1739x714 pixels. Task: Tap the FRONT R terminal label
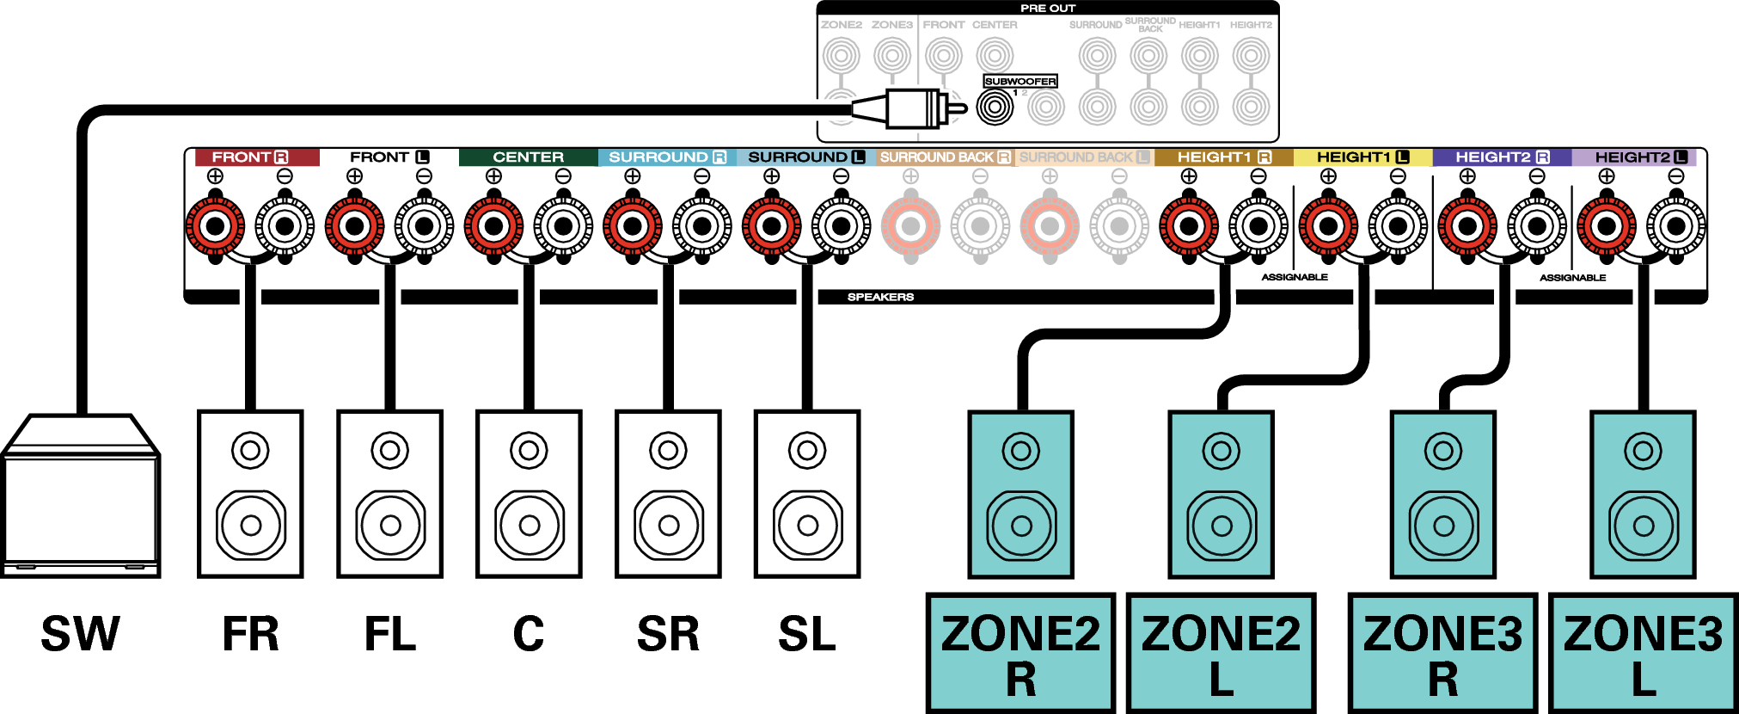pyautogui.click(x=249, y=157)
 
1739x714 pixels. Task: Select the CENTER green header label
pyautogui.click(x=528, y=157)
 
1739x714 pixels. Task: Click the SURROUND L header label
pyautogui.click(x=805, y=157)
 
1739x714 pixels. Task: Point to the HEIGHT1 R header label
pyautogui.click(x=1223, y=157)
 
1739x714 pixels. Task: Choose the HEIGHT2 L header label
pyautogui.click(x=1640, y=157)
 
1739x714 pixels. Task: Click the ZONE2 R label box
pyautogui.click(x=1020, y=653)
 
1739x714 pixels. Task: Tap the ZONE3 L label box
pyautogui.click(x=1643, y=653)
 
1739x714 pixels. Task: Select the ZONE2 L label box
pyautogui.click(x=1221, y=653)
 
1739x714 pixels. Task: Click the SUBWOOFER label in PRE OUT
pyautogui.click(x=1020, y=81)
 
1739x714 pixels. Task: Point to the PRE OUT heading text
pyautogui.click(x=1047, y=8)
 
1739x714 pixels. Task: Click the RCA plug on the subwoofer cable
pyautogui.click(x=911, y=108)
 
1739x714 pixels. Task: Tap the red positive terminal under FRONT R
pyautogui.click(x=215, y=226)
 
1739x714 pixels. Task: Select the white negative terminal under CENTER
pyautogui.click(x=563, y=226)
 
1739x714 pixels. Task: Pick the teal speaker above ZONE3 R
pyautogui.click(x=1443, y=494)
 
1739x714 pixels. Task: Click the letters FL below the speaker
pyautogui.click(x=389, y=635)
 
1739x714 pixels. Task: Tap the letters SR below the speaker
pyautogui.click(x=668, y=635)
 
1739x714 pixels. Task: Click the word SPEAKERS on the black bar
pyautogui.click(x=880, y=297)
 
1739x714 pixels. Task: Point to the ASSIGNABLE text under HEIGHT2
pyautogui.click(x=1572, y=278)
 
